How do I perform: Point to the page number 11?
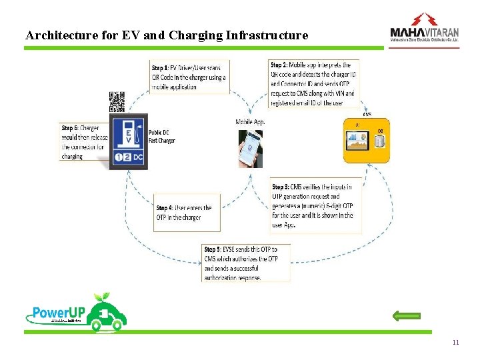click(x=455, y=343)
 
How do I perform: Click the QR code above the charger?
click(x=117, y=102)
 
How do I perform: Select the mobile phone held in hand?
click(x=251, y=149)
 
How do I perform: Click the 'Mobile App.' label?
click(x=251, y=121)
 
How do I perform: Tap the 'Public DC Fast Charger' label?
click(x=162, y=137)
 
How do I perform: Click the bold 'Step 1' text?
click(x=159, y=68)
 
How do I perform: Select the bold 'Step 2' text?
click(x=279, y=65)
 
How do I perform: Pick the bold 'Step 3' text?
click(x=280, y=187)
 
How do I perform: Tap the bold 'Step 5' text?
click(x=213, y=249)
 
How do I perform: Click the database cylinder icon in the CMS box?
click(x=381, y=141)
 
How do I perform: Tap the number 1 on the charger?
click(x=118, y=158)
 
